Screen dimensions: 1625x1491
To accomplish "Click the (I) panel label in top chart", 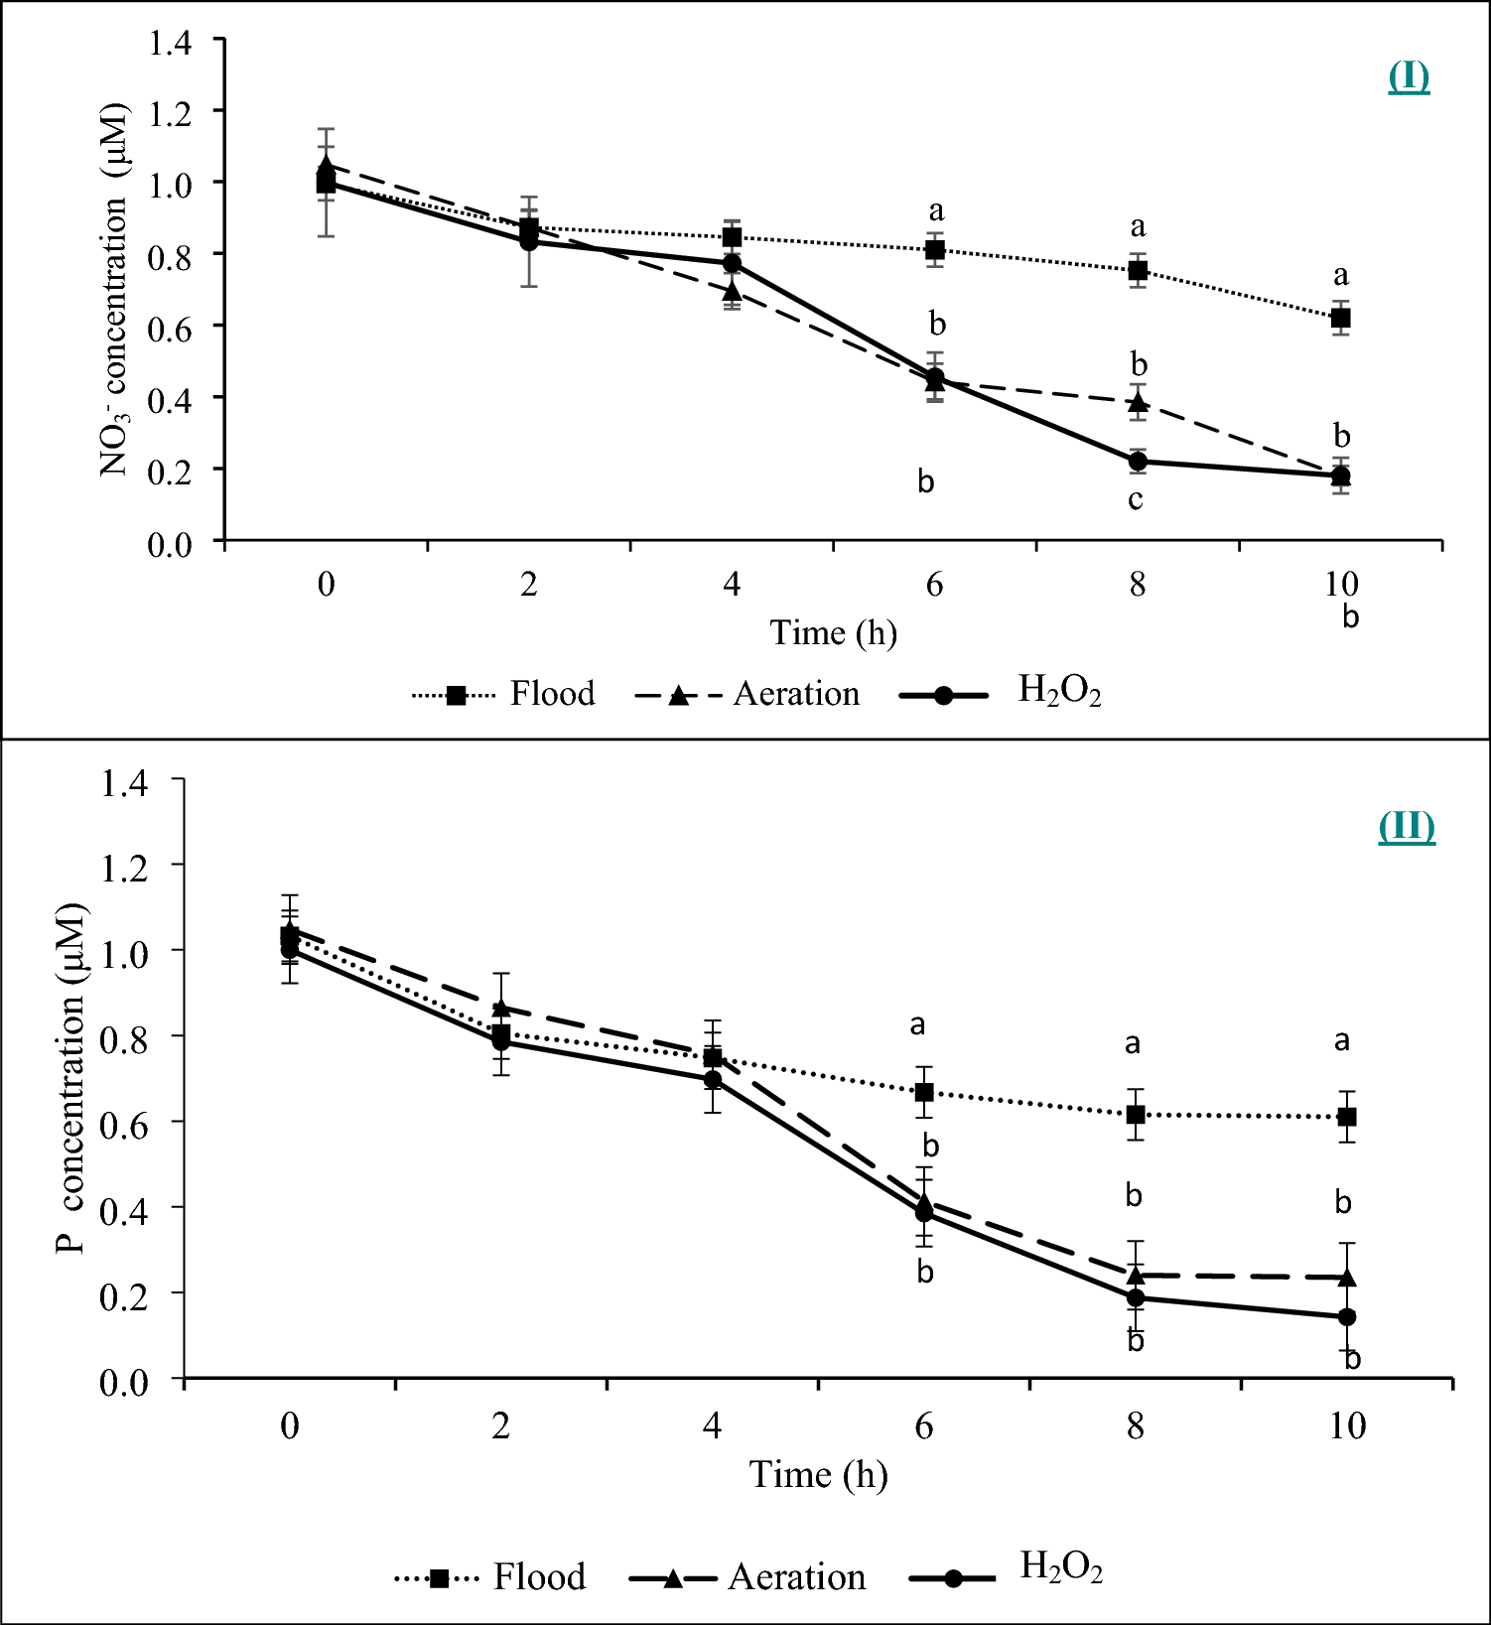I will pyautogui.click(x=1408, y=77).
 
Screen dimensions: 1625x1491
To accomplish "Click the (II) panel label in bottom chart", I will pyautogui.click(x=1406, y=827).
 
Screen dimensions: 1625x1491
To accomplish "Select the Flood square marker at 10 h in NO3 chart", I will pyautogui.click(x=1340, y=319).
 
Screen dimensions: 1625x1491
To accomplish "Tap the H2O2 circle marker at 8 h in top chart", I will pyautogui.click(x=1138, y=462).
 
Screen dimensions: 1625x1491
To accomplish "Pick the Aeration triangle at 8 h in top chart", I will pyautogui.click(x=1138, y=403).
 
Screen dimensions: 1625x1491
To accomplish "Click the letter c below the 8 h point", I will pyautogui.click(x=1136, y=499).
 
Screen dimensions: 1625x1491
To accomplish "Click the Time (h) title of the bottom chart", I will pyautogui.click(x=818, y=1475).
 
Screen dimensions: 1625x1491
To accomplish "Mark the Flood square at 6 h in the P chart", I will pyautogui.click(x=924, y=1093).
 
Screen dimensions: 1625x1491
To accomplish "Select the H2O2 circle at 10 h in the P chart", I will pyautogui.click(x=1347, y=1317).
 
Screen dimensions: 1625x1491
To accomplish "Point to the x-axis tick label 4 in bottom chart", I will pyautogui.click(x=712, y=1426).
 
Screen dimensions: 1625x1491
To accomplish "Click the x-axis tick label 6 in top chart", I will pyautogui.click(x=934, y=584).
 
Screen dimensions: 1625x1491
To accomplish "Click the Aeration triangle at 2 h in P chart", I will pyautogui.click(x=501, y=1008).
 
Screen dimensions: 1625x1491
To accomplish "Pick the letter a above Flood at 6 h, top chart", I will pyautogui.click(x=935, y=211).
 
